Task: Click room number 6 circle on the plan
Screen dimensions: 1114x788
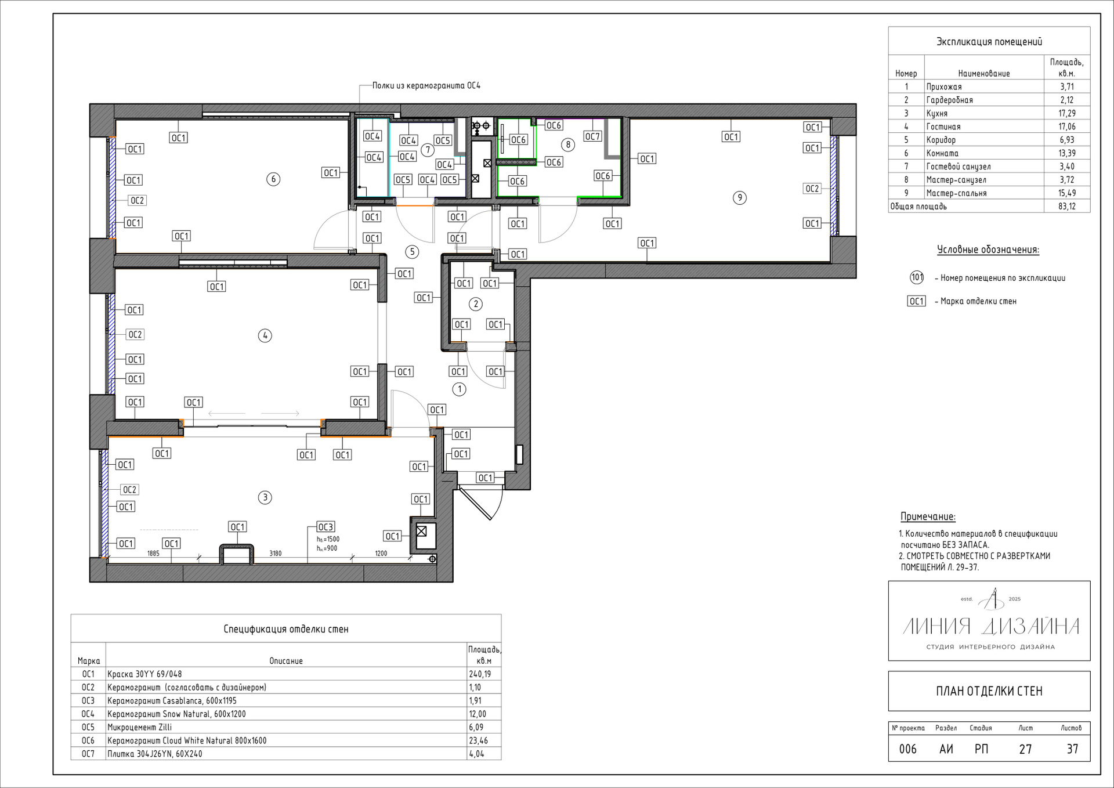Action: click(x=273, y=179)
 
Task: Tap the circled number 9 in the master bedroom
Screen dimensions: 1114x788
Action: click(x=739, y=198)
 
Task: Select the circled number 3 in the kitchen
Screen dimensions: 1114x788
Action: click(x=265, y=497)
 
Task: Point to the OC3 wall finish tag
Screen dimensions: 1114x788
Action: click(x=325, y=527)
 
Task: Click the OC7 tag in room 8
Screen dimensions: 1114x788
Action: click(x=592, y=136)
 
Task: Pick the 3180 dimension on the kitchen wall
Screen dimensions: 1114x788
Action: click(x=276, y=554)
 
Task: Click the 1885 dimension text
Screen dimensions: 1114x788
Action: click(x=153, y=554)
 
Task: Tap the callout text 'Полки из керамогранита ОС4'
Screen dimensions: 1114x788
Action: click(x=426, y=86)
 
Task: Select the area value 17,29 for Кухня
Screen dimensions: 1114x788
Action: click(x=1066, y=113)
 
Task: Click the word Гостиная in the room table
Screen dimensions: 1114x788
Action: click(x=943, y=126)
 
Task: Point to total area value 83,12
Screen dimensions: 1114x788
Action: click(x=1066, y=207)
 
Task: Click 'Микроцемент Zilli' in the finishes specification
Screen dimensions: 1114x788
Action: click(x=139, y=727)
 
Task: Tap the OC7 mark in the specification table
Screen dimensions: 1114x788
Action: click(x=88, y=754)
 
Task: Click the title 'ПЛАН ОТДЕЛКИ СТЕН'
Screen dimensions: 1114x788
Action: click(x=989, y=691)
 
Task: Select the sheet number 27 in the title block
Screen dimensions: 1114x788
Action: click(x=1026, y=749)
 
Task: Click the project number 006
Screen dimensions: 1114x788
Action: click(x=908, y=749)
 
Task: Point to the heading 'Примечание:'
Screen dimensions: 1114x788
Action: click(x=928, y=516)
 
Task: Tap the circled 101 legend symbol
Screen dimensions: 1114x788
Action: click(x=917, y=277)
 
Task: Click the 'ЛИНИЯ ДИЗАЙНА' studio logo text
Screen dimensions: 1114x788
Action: click(x=990, y=627)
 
